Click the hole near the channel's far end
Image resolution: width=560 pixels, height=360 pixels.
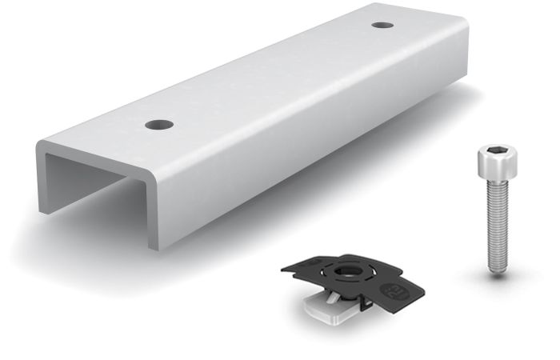coord(382,25)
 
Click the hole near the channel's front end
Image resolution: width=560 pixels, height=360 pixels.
coord(159,125)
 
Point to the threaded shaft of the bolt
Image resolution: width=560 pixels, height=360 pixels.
coord(495,224)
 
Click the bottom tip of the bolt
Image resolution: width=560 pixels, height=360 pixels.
coord(498,271)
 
